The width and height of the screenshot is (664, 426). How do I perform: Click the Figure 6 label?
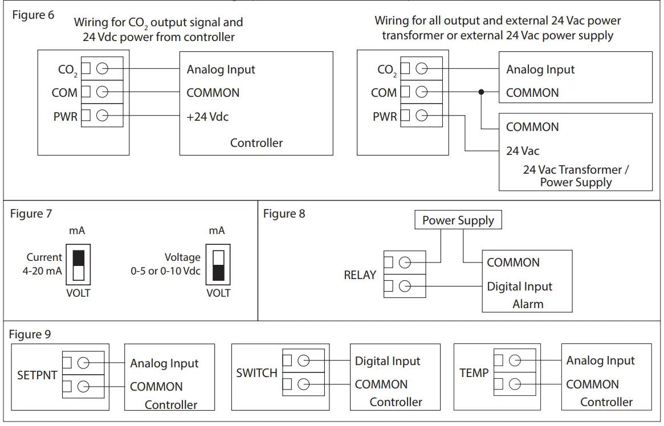(33, 15)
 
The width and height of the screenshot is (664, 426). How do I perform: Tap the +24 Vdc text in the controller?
(207, 117)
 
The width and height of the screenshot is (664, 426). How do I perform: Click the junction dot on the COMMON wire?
(482, 92)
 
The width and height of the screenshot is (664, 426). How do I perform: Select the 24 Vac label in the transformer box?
(523, 151)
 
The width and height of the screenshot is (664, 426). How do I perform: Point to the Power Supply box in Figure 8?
(458, 220)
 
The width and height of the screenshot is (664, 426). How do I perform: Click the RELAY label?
(360, 275)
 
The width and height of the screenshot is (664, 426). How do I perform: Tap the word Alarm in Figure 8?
(528, 304)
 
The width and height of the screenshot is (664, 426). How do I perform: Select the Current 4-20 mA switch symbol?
(79, 265)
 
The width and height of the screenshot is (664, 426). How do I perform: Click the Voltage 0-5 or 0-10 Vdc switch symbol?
(218, 265)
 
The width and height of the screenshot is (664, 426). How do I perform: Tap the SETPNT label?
(37, 376)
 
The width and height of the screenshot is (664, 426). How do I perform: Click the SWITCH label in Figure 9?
(256, 373)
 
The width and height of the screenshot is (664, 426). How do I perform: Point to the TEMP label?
(474, 373)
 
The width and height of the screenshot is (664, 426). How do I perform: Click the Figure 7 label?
(31, 214)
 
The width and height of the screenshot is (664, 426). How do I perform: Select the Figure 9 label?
(30, 334)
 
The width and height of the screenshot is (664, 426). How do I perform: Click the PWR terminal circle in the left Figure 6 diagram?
(102, 116)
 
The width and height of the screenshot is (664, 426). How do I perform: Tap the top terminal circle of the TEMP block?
(515, 361)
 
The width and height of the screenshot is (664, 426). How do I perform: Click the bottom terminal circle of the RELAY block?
(405, 286)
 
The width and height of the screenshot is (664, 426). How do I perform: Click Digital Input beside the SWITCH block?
(388, 361)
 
